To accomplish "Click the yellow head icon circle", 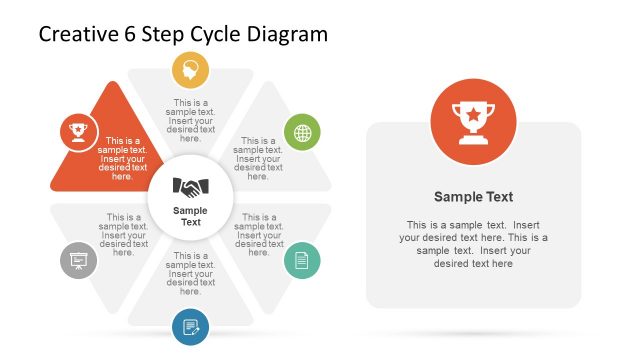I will click(x=190, y=71).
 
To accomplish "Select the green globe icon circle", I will click(x=302, y=132).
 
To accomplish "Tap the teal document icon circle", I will click(x=302, y=261).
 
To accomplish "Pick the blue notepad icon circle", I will click(x=190, y=326).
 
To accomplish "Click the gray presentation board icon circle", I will click(x=78, y=261).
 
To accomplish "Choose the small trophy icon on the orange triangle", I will click(x=78, y=130).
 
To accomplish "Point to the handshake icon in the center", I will click(x=190, y=186).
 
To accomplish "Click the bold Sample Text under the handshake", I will click(x=190, y=216).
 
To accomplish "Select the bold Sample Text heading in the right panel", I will click(x=473, y=197).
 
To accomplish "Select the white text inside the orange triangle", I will click(x=123, y=158).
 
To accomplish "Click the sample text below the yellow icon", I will click(x=190, y=120).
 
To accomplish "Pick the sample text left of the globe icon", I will click(x=258, y=158).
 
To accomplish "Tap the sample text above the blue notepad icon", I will click(x=190, y=273).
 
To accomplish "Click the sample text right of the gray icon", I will click(x=123, y=235).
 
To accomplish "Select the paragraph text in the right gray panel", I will click(x=473, y=244).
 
